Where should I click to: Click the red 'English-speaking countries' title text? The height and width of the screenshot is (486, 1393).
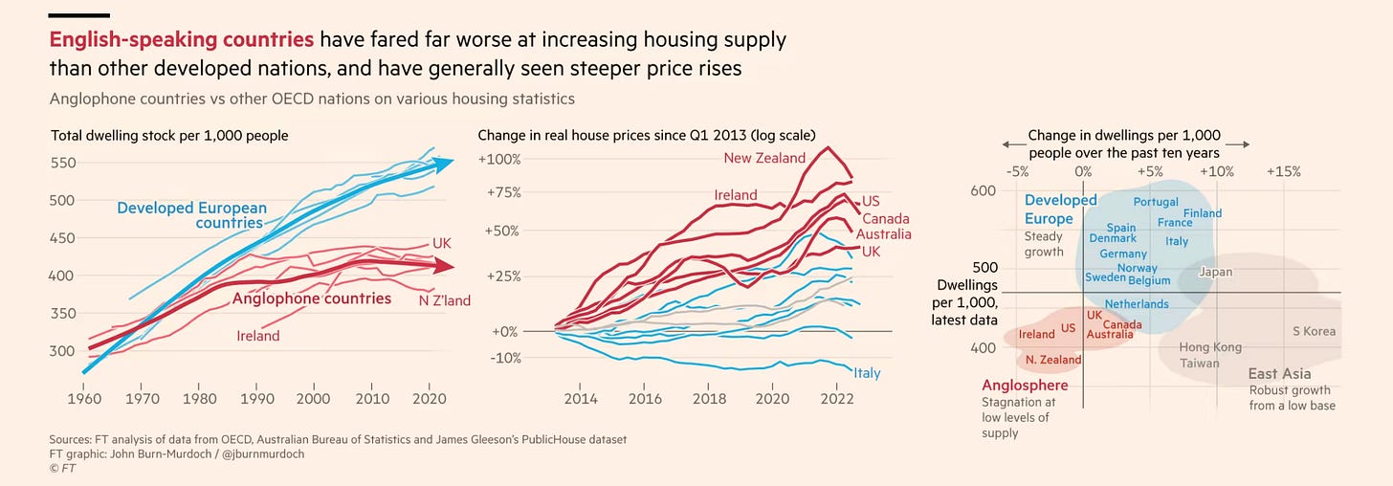click(182, 40)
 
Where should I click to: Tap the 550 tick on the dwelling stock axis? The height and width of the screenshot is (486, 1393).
click(63, 163)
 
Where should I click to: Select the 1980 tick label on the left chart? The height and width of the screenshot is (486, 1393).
click(198, 397)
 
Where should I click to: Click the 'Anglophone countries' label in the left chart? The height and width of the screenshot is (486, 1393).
click(312, 298)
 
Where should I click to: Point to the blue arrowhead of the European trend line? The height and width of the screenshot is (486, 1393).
click(445, 164)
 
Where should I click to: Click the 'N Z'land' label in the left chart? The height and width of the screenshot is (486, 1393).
click(444, 300)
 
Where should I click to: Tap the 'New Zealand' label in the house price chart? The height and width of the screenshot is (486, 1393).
click(764, 158)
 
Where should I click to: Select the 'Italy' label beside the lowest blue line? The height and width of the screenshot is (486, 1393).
click(867, 373)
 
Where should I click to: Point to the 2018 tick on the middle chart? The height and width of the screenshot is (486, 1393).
click(709, 397)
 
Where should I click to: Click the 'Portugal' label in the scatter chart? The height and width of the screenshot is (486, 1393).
click(1156, 202)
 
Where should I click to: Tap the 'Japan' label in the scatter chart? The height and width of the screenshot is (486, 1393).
click(1215, 272)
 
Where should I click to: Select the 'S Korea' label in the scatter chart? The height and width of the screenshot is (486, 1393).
click(1314, 331)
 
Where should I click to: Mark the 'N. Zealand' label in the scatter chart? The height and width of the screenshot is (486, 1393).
click(1053, 360)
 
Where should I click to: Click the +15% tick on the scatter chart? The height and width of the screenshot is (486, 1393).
click(1283, 171)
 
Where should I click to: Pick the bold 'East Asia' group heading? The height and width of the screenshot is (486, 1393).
click(1279, 373)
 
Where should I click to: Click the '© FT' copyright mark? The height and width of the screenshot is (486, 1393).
click(64, 469)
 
